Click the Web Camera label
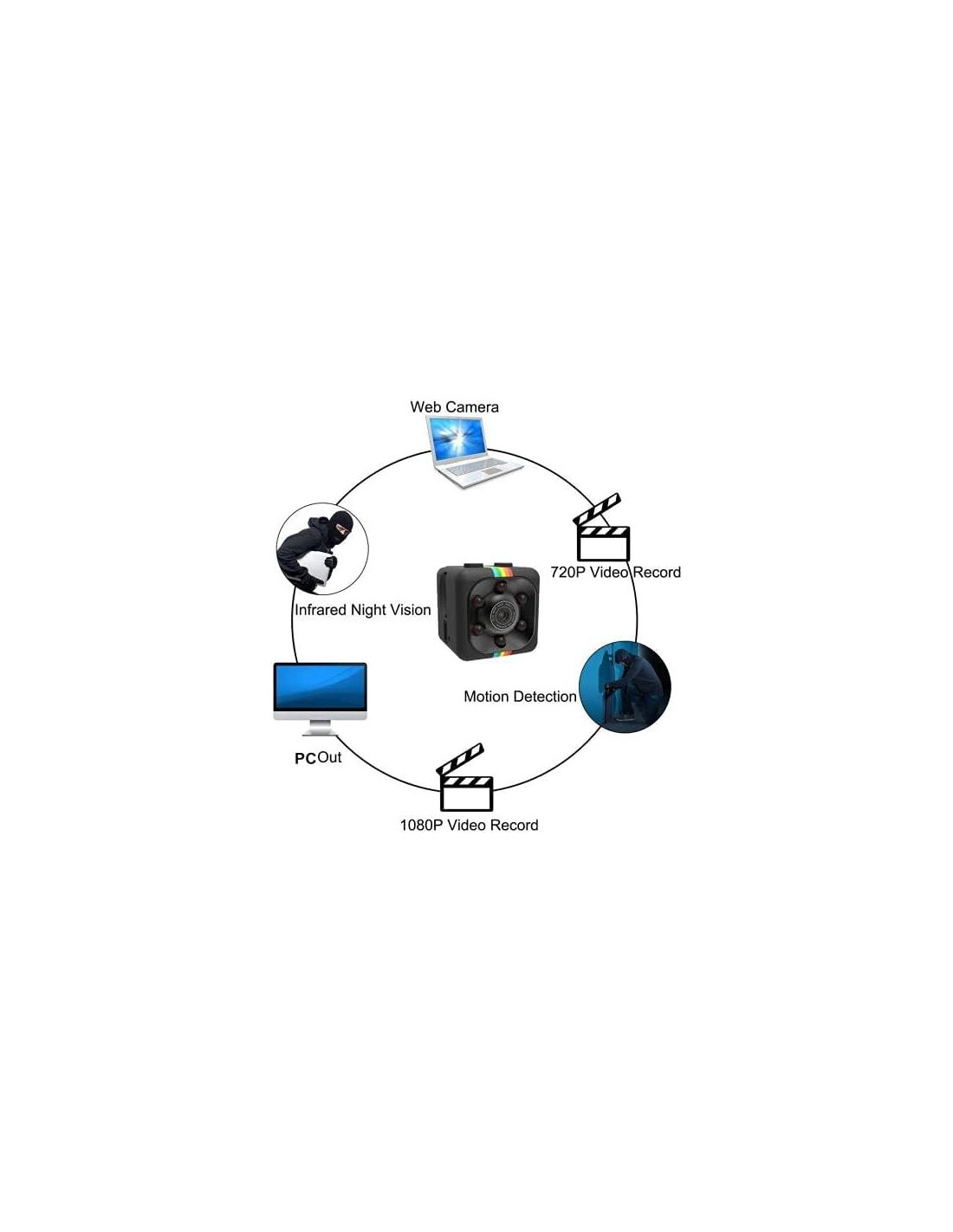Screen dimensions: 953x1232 [454, 407]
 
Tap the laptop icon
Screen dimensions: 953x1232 [474, 451]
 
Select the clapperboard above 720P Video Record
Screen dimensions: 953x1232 [601, 528]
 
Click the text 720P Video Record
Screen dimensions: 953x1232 [616, 572]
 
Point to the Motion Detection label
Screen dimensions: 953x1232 [520, 697]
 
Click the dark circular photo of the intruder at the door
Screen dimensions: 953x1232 [624, 686]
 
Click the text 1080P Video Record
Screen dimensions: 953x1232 [469, 825]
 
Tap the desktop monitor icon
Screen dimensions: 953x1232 [321, 699]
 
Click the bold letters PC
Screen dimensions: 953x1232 [305, 759]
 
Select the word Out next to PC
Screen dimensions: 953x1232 [329, 757]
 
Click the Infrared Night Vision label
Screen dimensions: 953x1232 [363, 610]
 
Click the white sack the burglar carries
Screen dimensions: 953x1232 [315, 567]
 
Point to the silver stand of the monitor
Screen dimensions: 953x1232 [320, 728]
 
